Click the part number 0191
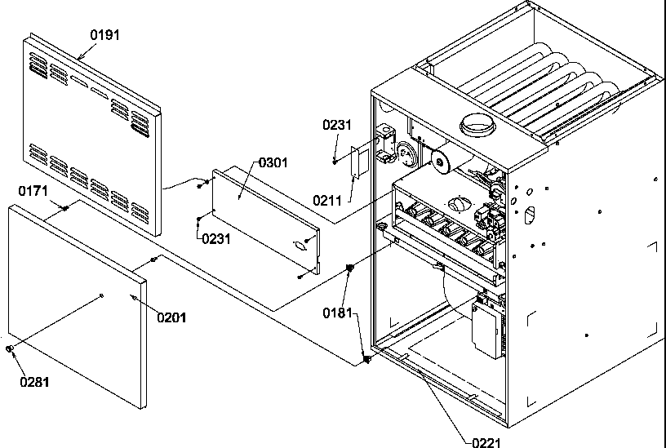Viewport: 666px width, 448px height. point(104,35)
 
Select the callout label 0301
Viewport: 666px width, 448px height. point(273,162)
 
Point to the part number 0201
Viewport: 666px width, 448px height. point(171,317)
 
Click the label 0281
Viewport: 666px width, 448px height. point(36,380)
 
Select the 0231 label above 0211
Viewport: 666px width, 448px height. point(336,125)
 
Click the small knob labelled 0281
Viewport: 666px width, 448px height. point(10,350)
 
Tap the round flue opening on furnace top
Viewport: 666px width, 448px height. point(477,125)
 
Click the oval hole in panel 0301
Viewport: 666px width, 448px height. point(300,242)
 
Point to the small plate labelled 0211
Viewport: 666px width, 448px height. point(357,162)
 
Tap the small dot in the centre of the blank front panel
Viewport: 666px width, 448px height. point(100,295)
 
